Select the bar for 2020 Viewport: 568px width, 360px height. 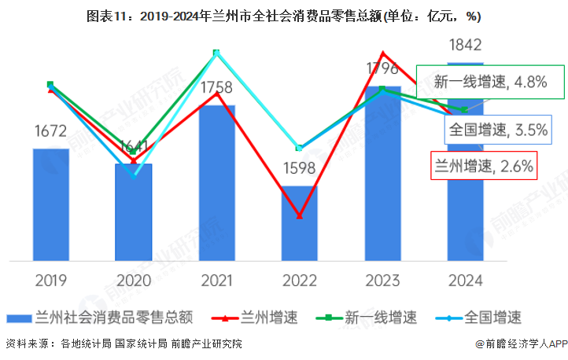point(134,212)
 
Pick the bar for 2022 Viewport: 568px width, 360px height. point(300,223)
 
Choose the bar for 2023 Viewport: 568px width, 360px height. point(382,173)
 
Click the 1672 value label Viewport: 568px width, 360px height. point(50,131)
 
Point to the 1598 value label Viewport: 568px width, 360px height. point(300,167)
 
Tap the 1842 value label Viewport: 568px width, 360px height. point(464,45)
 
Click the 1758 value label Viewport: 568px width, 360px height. point(216,87)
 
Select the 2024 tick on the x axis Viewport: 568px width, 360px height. point(465,281)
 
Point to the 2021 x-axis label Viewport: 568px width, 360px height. point(216,281)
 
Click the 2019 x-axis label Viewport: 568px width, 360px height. point(50,281)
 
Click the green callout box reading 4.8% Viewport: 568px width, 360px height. point(491,82)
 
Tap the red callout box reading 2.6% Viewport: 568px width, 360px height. point(485,166)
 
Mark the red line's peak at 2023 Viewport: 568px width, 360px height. point(382,53)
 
